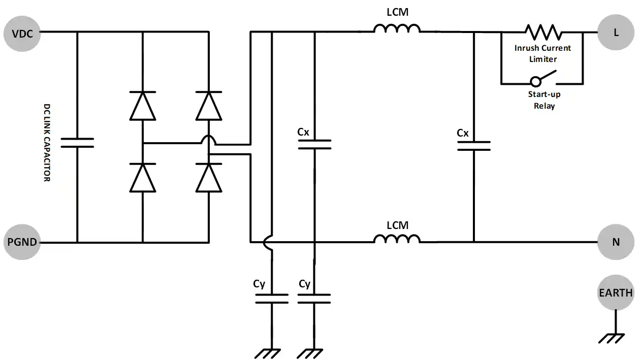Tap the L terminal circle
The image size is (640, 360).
pos(616,32)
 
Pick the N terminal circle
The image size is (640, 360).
pos(616,242)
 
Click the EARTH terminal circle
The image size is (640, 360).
pos(616,292)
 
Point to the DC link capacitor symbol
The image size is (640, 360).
pos(77,142)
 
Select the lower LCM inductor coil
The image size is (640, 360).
pos(397,238)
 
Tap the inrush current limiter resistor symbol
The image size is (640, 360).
pos(543,32)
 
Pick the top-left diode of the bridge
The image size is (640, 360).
pos(143,106)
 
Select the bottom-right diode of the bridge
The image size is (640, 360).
pos(209,178)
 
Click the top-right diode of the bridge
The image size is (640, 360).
pos(209,106)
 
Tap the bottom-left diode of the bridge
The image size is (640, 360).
pos(143,178)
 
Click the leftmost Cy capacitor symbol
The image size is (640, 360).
pos(272,299)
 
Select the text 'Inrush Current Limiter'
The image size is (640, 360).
pos(542,53)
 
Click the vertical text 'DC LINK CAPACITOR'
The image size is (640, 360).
pos(47,142)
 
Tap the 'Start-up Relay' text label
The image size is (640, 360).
pos(543,100)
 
